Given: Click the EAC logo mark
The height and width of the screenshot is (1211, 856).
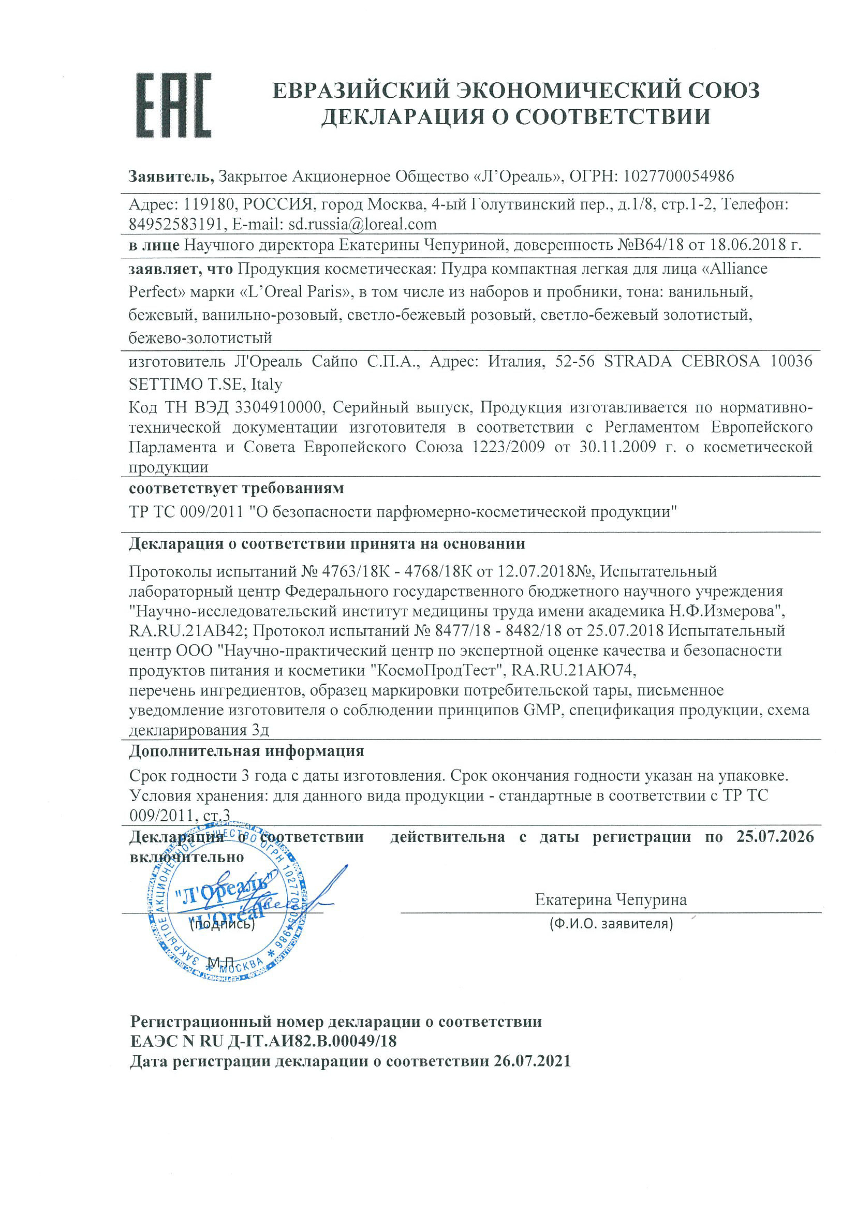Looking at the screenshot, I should point(174,106).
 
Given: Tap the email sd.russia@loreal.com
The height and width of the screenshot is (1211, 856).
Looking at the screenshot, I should point(362,224).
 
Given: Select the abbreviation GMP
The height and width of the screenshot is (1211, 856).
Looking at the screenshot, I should point(541,710).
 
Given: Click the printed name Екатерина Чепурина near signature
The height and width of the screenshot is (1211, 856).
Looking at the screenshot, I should point(611,899).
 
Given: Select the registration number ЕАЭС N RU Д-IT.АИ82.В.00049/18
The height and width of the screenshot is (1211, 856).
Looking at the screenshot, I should point(263,1041).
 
